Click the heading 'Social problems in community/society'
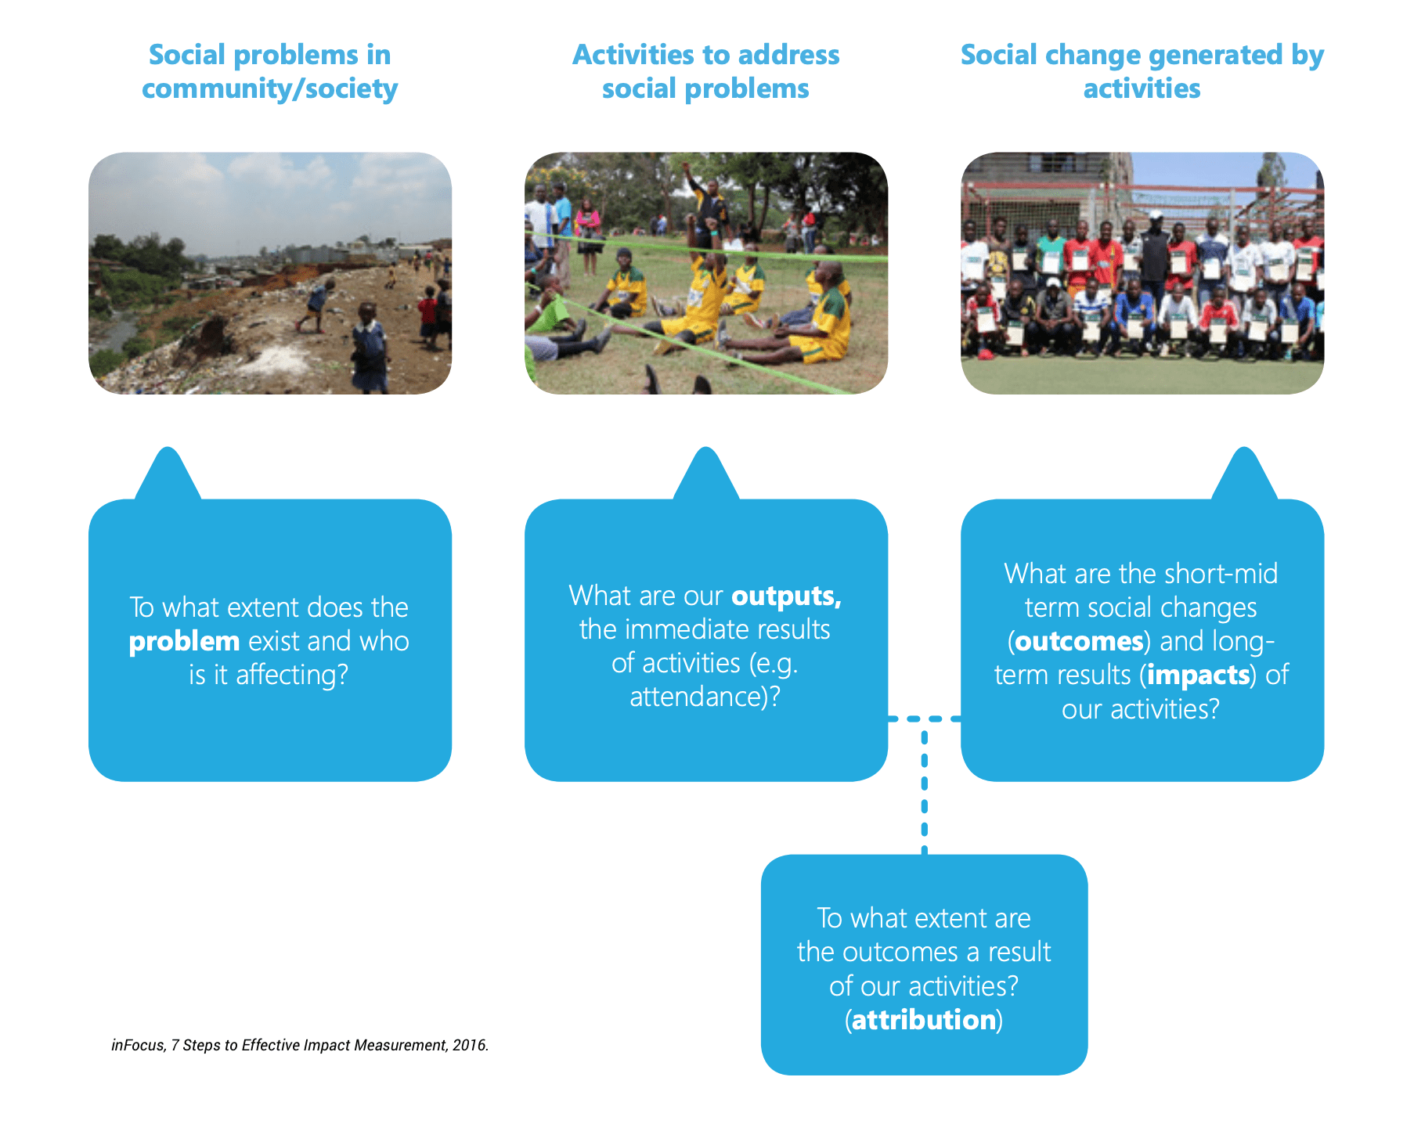click(269, 71)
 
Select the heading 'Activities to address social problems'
click(705, 71)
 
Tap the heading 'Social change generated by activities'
click(1142, 71)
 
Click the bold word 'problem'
click(184, 642)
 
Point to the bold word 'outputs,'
click(786, 596)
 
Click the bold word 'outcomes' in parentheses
click(1079, 641)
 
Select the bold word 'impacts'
click(1198, 675)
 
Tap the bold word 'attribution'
click(924, 1020)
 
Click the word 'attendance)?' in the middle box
click(705, 697)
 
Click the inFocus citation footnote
click(300, 1045)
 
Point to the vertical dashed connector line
click(925, 787)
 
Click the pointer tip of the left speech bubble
click(168, 449)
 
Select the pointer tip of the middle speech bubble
click(706, 449)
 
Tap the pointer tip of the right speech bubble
click(1244, 449)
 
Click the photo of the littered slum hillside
click(270, 273)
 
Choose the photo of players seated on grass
click(706, 273)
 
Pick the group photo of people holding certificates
click(1142, 273)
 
